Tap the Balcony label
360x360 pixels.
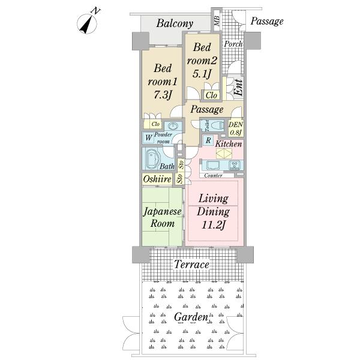[175, 23]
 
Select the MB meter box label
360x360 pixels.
[217, 20]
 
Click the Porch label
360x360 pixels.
[233, 44]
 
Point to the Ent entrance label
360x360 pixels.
[238, 88]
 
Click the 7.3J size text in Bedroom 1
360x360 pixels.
[163, 94]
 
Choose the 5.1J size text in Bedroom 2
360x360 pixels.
[202, 73]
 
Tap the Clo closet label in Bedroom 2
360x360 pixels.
[211, 95]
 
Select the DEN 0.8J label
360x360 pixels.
[236, 128]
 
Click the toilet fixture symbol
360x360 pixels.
[215, 125]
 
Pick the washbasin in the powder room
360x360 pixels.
[173, 126]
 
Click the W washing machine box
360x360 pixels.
[149, 138]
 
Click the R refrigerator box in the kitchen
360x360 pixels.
[208, 140]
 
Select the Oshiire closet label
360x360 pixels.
[157, 179]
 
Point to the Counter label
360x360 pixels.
[213, 176]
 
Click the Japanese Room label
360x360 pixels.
[163, 217]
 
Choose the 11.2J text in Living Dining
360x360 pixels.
[213, 225]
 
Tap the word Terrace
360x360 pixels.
[192, 265]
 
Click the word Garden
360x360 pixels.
[191, 317]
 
